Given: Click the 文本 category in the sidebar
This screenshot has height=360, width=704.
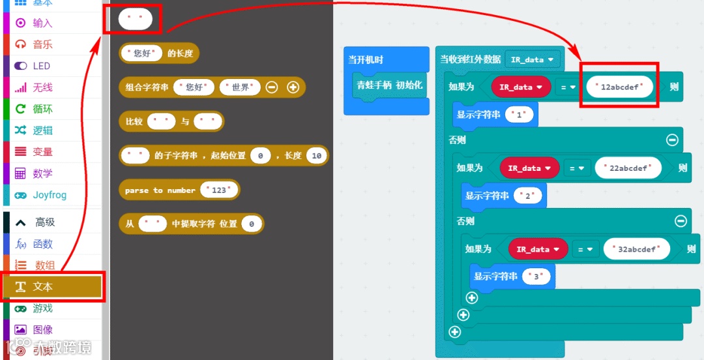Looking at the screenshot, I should tap(43, 287).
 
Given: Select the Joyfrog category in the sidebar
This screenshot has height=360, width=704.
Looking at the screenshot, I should tap(50, 195).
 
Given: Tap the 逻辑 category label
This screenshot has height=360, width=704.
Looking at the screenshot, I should tap(42, 130).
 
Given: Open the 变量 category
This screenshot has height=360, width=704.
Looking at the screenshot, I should tap(42, 152).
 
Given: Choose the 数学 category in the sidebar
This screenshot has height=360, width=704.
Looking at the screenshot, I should tap(42, 173).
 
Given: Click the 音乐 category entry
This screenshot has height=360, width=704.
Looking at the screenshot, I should tap(42, 44).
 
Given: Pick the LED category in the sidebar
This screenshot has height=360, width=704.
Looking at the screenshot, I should tap(41, 66).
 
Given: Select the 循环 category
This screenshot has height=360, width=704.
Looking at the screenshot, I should tap(42, 109).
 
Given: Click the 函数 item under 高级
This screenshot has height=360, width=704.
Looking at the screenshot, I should tap(42, 244).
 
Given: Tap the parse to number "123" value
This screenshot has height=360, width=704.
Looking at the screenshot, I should tap(219, 190).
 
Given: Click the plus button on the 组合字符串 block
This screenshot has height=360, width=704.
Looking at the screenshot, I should tap(293, 87).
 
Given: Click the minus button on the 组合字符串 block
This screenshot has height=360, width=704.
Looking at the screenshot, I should tap(272, 87).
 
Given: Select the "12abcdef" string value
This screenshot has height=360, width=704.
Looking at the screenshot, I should tap(619, 87).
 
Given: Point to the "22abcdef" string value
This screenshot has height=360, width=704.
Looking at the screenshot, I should tap(628, 168).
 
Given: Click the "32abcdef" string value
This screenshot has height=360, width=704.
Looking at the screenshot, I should tap(636, 249).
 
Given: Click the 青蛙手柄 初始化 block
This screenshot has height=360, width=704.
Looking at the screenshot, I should tap(389, 85).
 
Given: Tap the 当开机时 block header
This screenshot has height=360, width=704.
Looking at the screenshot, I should tap(366, 60).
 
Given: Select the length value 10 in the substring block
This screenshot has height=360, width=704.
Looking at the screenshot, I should tap(317, 156).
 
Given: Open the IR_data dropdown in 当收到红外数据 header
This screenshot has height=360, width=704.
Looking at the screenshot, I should tap(533, 59).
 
